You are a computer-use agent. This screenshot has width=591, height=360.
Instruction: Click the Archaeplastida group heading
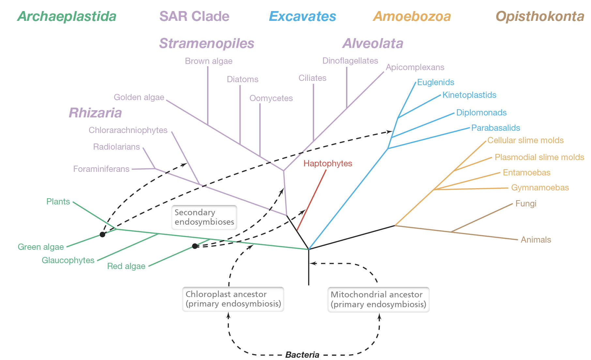pos(67,16)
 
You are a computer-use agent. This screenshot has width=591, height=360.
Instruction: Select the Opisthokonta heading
pos(539,16)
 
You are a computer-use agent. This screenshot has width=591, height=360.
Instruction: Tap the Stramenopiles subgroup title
pos(206,43)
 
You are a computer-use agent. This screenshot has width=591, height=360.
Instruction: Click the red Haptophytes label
pos(327,163)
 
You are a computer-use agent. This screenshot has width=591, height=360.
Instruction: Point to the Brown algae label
pos(208,61)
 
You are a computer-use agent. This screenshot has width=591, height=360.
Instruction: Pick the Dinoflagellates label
pos(350,61)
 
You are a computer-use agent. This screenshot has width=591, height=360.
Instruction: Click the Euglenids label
pos(435,82)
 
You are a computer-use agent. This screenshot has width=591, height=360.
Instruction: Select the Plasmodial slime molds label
pos(539,157)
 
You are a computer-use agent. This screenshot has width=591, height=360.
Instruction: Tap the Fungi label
pos(525,203)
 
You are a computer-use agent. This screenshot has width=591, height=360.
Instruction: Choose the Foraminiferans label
pos(101,169)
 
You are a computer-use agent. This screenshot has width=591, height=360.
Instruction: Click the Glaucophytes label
pos(68,260)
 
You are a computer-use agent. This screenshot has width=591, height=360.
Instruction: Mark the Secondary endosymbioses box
pos(204,217)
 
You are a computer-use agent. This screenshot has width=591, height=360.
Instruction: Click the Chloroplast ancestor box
pos(233,299)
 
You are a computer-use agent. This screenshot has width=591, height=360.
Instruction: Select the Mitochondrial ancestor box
pos(378,299)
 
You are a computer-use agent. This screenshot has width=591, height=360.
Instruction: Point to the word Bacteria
pos(302,355)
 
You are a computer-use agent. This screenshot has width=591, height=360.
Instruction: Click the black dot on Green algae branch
pos(102,234)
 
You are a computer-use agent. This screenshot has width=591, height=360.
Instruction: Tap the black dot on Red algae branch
pos(195,246)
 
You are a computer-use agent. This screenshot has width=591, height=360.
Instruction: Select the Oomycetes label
pos(271,98)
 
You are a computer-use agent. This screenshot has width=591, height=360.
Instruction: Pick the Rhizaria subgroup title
pos(95,113)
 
